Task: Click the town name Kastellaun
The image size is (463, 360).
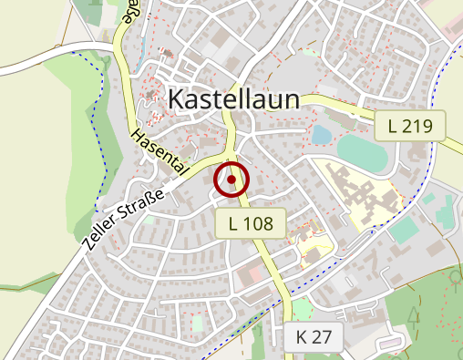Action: [234, 98]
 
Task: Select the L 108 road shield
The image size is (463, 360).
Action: [251, 222]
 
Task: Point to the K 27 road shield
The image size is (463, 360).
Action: [314, 336]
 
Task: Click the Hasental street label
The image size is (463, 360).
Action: [159, 151]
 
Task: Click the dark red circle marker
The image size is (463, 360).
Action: [231, 180]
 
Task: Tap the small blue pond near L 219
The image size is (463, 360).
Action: [321, 135]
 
